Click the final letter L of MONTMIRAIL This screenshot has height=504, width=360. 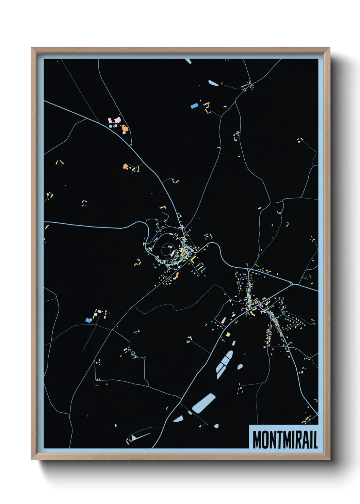click(315, 440)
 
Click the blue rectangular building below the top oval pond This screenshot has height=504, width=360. click(194, 106)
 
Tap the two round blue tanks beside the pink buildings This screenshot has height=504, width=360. click(113, 126)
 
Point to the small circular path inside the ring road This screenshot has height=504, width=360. click(167, 250)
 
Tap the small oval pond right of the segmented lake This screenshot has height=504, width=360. click(240, 367)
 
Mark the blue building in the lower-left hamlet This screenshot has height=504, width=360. click(88, 320)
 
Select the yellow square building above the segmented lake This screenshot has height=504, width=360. click(228, 334)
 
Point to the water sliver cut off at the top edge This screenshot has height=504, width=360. click(188, 61)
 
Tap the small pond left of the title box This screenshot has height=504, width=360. click(216, 426)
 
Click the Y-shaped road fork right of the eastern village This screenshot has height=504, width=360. click(292, 283)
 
